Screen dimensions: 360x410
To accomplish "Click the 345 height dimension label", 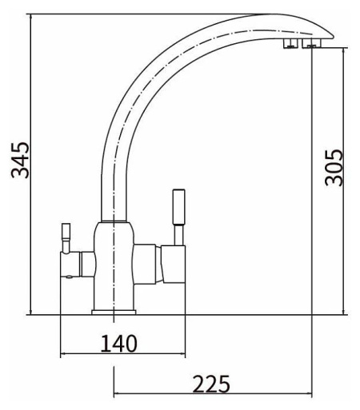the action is point(20,161).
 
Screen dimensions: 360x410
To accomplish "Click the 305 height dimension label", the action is point(334,168).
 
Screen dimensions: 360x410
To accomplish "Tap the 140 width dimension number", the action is point(118,344).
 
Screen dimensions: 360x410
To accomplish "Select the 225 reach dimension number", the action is point(211,384).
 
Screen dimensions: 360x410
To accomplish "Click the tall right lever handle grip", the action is point(179,207).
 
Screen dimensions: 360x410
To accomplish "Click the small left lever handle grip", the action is point(66,232).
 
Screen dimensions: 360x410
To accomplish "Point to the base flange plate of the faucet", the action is point(114,312).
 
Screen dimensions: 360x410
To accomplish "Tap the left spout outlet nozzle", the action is point(290,43).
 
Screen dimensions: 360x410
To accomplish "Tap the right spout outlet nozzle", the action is point(311,43).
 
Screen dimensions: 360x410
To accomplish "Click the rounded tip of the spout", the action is point(331,36).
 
